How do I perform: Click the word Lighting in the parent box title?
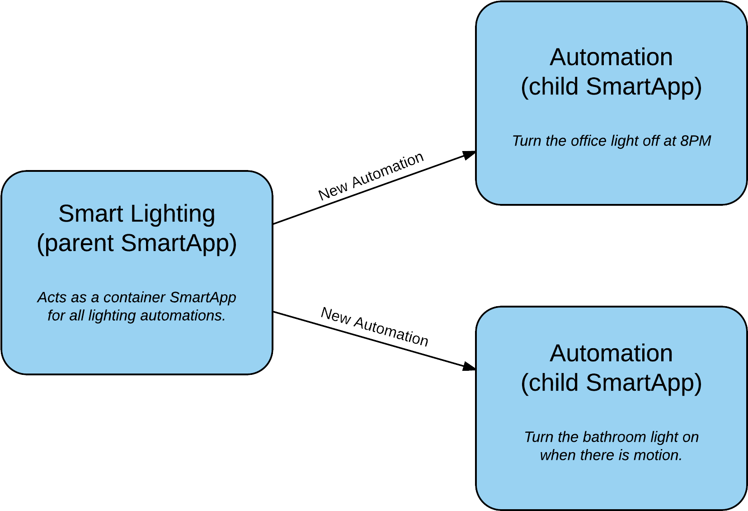click(173, 214)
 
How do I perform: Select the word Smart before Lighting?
click(91, 214)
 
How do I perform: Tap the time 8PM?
click(696, 141)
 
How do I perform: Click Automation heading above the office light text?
click(611, 57)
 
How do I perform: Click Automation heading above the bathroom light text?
click(611, 353)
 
